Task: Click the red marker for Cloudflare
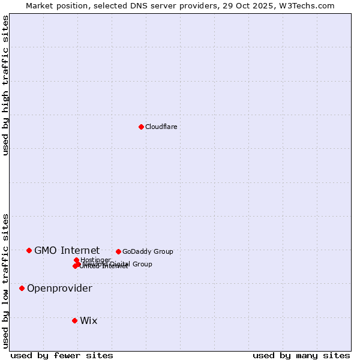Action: click(141, 127)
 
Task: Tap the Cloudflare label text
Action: click(161, 127)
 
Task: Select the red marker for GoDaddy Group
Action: click(118, 251)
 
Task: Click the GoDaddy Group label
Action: click(148, 251)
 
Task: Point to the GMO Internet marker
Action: click(29, 250)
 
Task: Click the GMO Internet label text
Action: click(67, 250)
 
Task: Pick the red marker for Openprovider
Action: click(22, 288)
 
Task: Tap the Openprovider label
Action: click(59, 289)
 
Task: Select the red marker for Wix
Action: click(74, 320)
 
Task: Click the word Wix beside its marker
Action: click(88, 320)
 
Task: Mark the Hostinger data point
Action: click(76, 260)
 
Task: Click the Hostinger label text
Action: click(95, 260)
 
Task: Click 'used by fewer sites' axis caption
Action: click(62, 355)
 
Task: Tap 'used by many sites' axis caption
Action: click(301, 355)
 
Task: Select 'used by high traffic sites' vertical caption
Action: click(5, 85)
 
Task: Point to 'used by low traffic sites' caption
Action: click(5, 280)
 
